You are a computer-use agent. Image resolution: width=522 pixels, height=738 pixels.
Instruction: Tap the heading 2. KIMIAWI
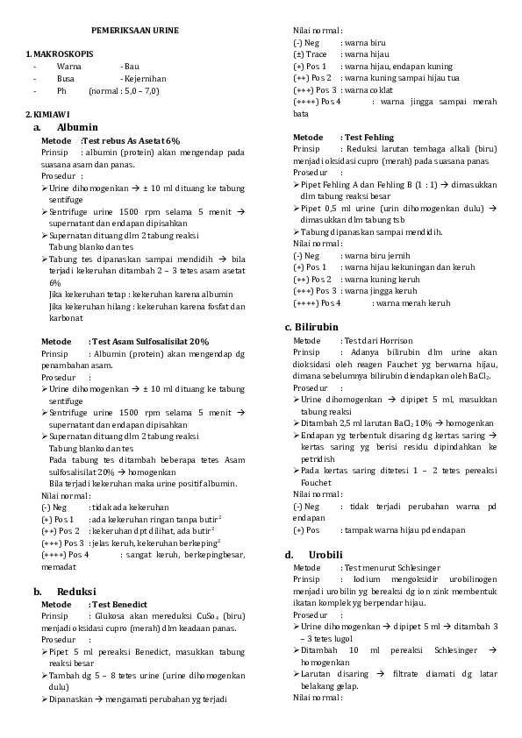[47, 115]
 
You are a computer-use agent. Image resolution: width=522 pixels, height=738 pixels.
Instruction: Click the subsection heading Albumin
[82, 127]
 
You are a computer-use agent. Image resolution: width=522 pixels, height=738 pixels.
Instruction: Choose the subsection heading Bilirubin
[318, 327]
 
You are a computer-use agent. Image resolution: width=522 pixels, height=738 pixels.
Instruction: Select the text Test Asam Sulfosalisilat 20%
[150, 341]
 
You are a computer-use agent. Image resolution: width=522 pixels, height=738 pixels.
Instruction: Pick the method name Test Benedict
[119, 604]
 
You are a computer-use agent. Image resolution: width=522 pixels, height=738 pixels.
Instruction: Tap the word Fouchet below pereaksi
[316, 482]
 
